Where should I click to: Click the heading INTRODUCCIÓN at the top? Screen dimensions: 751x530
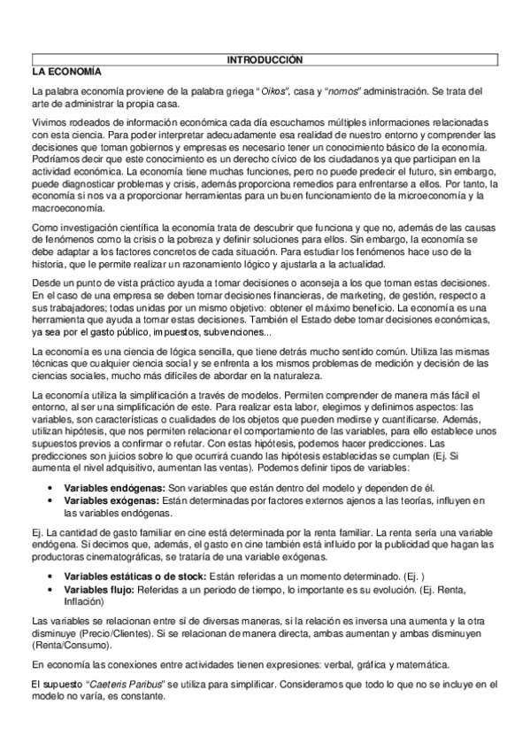pyautogui.click(x=265, y=59)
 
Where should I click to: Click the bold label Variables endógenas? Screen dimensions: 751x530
pyautogui.click(x=114, y=488)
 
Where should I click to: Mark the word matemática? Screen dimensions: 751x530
pyautogui.click(x=422, y=663)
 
